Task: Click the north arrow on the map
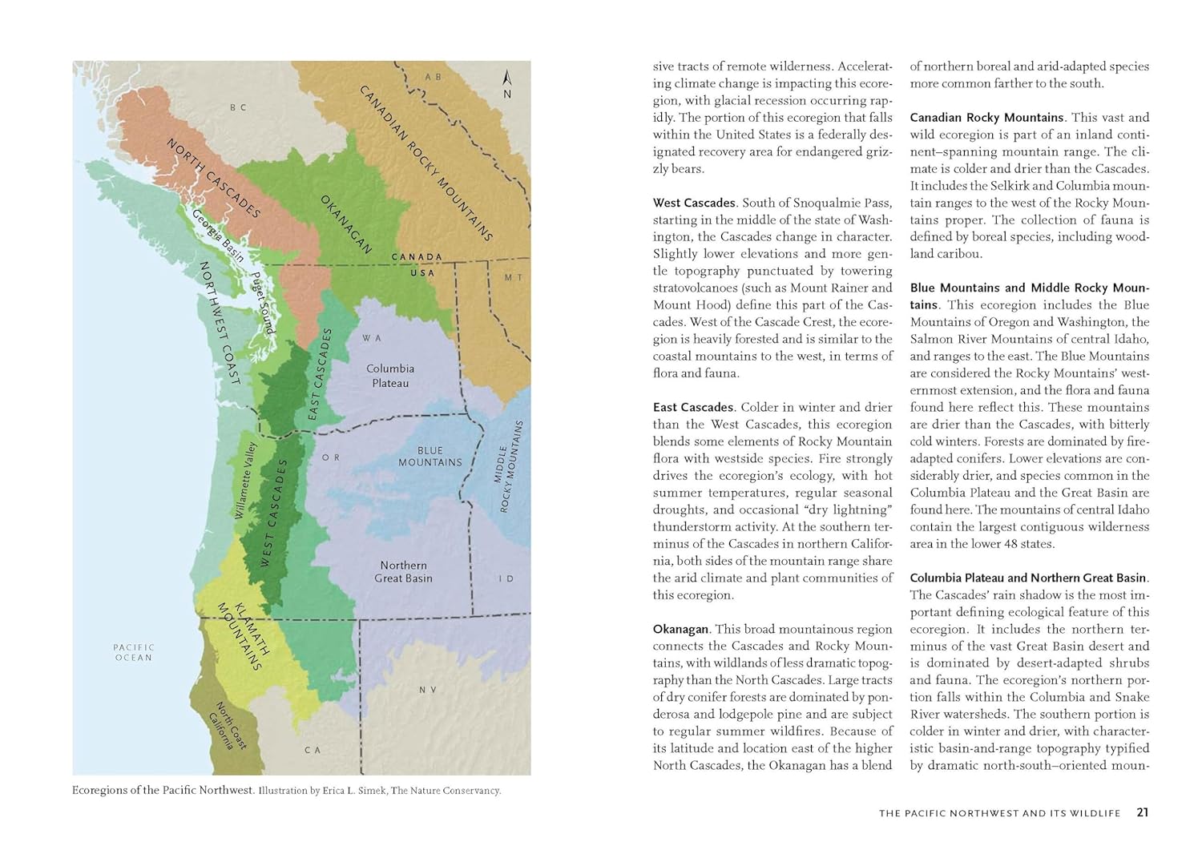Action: pyautogui.click(x=506, y=83)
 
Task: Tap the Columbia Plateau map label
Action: pyautogui.click(x=390, y=376)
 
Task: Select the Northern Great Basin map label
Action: pyautogui.click(x=404, y=571)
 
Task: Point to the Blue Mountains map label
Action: pyautogui.click(x=430, y=456)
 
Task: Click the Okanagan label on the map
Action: pyautogui.click(x=346, y=224)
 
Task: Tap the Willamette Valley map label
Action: pyautogui.click(x=245, y=480)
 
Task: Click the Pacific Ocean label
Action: pyautogui.click(x=133, y=652)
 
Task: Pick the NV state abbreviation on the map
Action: pyautogui.click(x=428, y=690)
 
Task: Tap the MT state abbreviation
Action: pyautogui.click(x=513, y=277)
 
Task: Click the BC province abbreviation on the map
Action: pyautogui.click(x=238, y=107)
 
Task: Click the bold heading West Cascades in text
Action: pyautogui.click(x=694, y=203)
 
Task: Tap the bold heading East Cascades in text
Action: pyautogui.click(x=693, y=407)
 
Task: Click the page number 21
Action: pyautogui.click(x=1143, y=812)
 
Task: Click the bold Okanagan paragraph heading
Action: pyautogui.click(x=681, y=629)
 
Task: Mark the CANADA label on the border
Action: pyautogui.click(x=417, y=257)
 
